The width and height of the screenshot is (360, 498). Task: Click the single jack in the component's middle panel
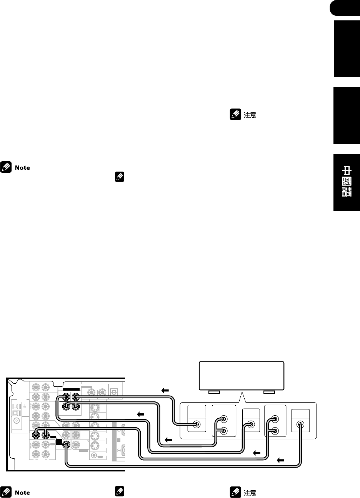250,425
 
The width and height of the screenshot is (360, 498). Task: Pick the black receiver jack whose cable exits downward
66,444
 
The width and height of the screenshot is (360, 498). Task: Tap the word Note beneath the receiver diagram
22,492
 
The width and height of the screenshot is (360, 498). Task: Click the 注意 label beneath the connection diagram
250,492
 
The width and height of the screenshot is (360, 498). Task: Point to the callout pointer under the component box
241,398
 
